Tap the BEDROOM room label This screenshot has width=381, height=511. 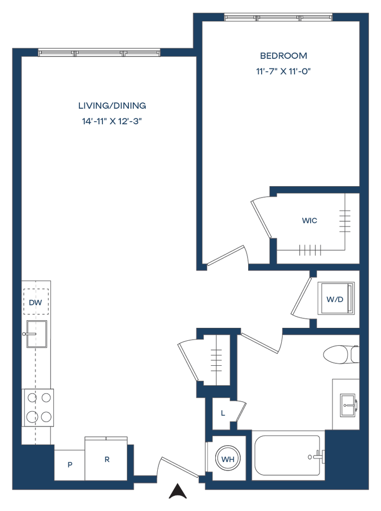283,55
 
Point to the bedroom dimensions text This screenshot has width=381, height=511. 283,71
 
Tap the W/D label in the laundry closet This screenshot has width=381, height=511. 335,300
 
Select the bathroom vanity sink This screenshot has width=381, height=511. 346,404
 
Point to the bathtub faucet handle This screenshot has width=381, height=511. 320,456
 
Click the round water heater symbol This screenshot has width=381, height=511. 228,459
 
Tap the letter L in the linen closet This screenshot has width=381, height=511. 223,413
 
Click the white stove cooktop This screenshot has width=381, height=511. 38,408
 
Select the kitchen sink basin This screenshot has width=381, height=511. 36,333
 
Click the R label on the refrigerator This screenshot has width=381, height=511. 106,459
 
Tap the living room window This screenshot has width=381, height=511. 99,52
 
